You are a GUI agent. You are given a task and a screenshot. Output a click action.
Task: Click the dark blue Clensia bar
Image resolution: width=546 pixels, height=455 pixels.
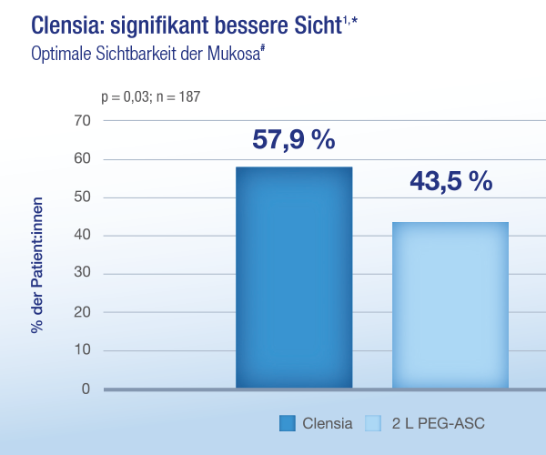tap(294, 278)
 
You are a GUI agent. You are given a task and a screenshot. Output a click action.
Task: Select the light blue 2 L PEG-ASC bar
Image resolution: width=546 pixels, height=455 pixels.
tap(450, 305)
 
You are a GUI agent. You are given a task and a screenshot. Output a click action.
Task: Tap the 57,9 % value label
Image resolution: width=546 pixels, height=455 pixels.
tap(294, 140)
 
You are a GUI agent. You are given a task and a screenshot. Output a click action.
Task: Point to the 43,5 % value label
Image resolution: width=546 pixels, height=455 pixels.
tap(451, 181)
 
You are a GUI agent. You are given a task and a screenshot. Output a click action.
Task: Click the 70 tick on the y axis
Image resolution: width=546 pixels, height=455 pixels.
tap(82, 121)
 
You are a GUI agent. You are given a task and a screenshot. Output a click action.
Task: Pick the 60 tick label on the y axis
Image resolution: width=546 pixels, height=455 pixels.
tap(82, 158)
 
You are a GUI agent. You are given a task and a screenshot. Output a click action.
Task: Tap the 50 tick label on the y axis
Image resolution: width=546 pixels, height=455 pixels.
tap(82, 197)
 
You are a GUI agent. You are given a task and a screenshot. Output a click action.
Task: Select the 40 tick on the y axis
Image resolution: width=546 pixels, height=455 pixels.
tap(82, 235)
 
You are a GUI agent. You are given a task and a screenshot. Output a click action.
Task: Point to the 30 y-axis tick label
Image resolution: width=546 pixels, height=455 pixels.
tap(82, 272)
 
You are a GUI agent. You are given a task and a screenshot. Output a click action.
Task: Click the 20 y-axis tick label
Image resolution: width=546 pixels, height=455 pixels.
tap(82, 312)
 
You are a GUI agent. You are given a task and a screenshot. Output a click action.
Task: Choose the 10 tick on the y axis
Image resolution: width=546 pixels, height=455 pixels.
tap(82, 349)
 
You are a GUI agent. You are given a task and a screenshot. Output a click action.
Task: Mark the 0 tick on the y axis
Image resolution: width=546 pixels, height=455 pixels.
tap(86, 389)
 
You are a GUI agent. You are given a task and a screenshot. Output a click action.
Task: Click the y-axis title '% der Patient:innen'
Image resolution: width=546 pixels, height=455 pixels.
tap(37, 266)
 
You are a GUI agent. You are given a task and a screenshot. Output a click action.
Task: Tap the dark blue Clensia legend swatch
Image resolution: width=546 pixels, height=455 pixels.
tap(288, 423)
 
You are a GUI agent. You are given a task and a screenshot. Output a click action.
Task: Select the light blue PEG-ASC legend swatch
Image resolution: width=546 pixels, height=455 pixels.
tap(373, 423)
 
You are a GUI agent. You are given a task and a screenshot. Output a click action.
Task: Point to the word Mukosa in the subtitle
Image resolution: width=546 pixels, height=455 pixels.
tap(234, 55)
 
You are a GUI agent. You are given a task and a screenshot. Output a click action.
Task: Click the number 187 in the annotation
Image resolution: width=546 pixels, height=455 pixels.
tap(190, 96)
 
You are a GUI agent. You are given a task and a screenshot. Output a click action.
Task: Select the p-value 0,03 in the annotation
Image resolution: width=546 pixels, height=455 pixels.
tap(136, 97)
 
